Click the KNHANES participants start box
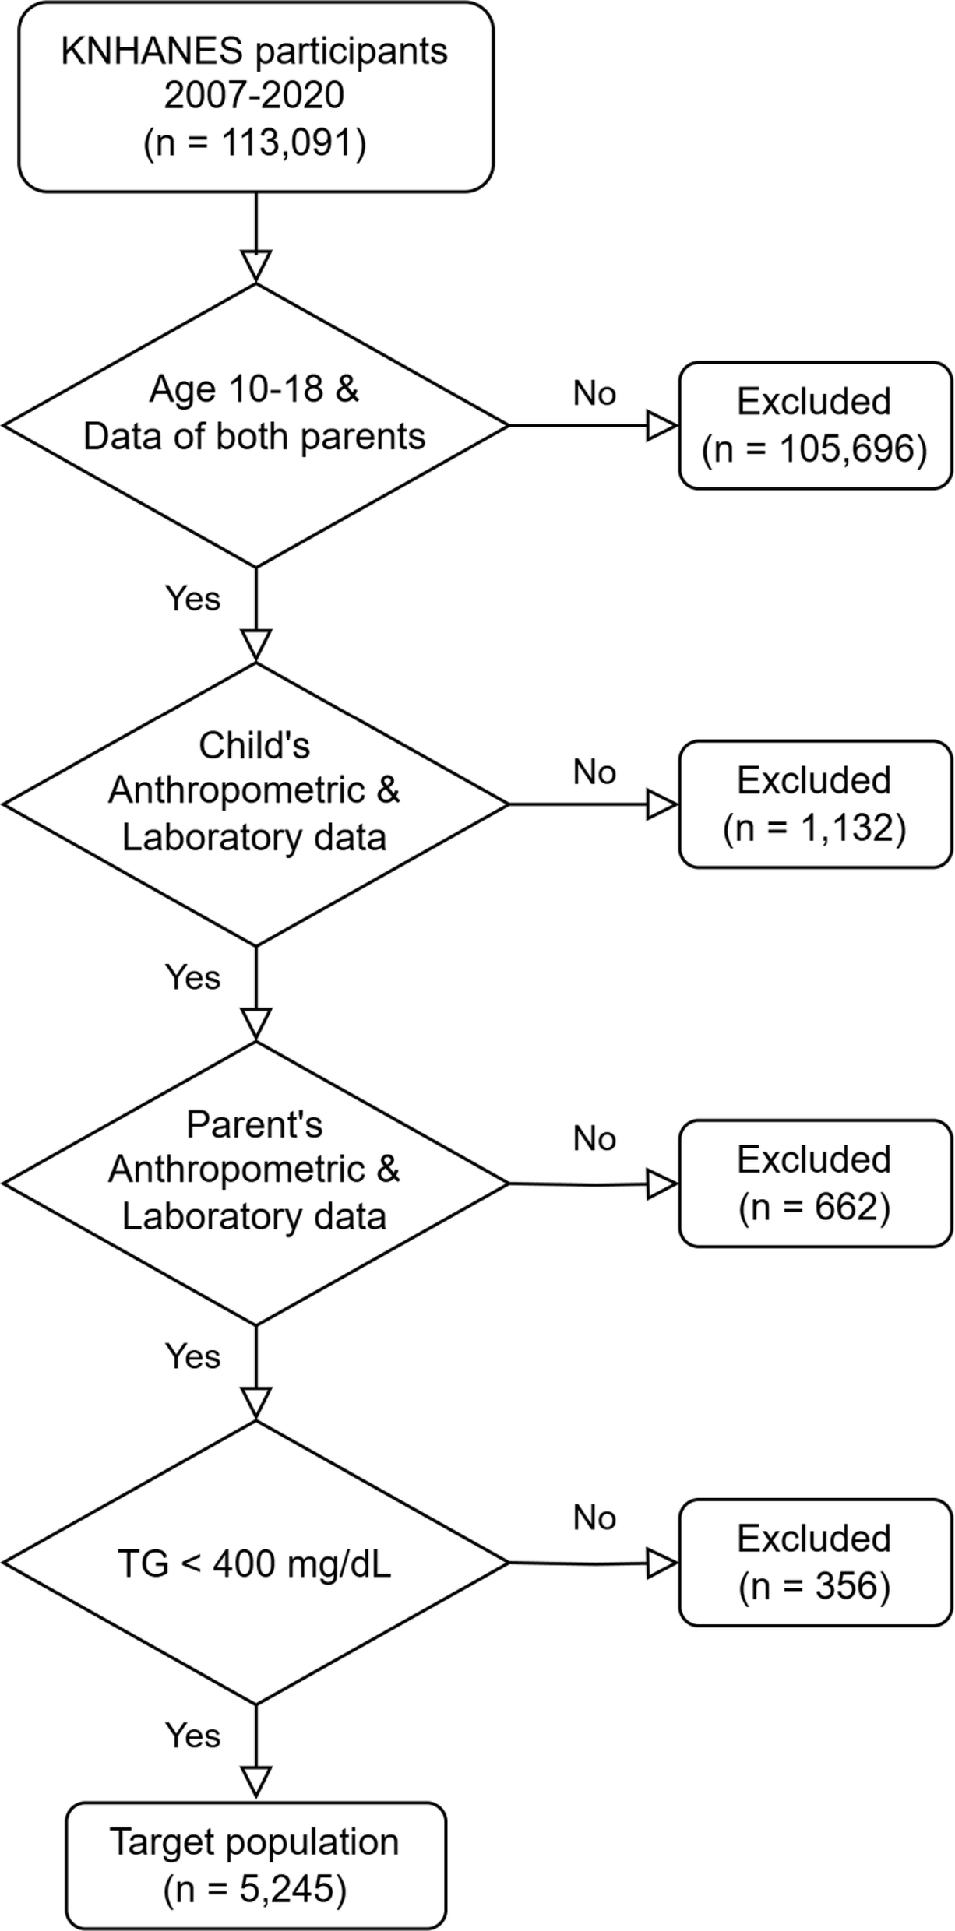click(x=255, y=97)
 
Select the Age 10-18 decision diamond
click(x=255, y=424)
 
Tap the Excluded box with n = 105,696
click(x=815, y=425)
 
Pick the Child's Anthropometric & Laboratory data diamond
click(x=255, y=804)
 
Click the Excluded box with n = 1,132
click(x=815, y=804)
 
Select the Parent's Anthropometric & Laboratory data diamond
click(x=255, y=1183)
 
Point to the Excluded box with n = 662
click(x=815, y=1183)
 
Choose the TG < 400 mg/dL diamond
click(x=255, y=1562)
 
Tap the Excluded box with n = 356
click(x=815, y=1562)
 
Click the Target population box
click(x=255, y=1865)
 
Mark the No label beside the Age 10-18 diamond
click(x=594, y=393)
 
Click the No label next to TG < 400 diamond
click(x=594, y=1518)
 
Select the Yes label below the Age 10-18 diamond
click(x=193, y=598)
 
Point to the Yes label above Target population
click(x=193, y=1735)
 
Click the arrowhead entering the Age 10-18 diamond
click(x=255, y=266)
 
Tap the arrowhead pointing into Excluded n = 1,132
click(x=662, y=804)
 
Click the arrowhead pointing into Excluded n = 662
click(x=662, y=1184)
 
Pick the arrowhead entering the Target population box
click(x=255, y=1782)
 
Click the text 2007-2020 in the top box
click(x=254, y=96)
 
